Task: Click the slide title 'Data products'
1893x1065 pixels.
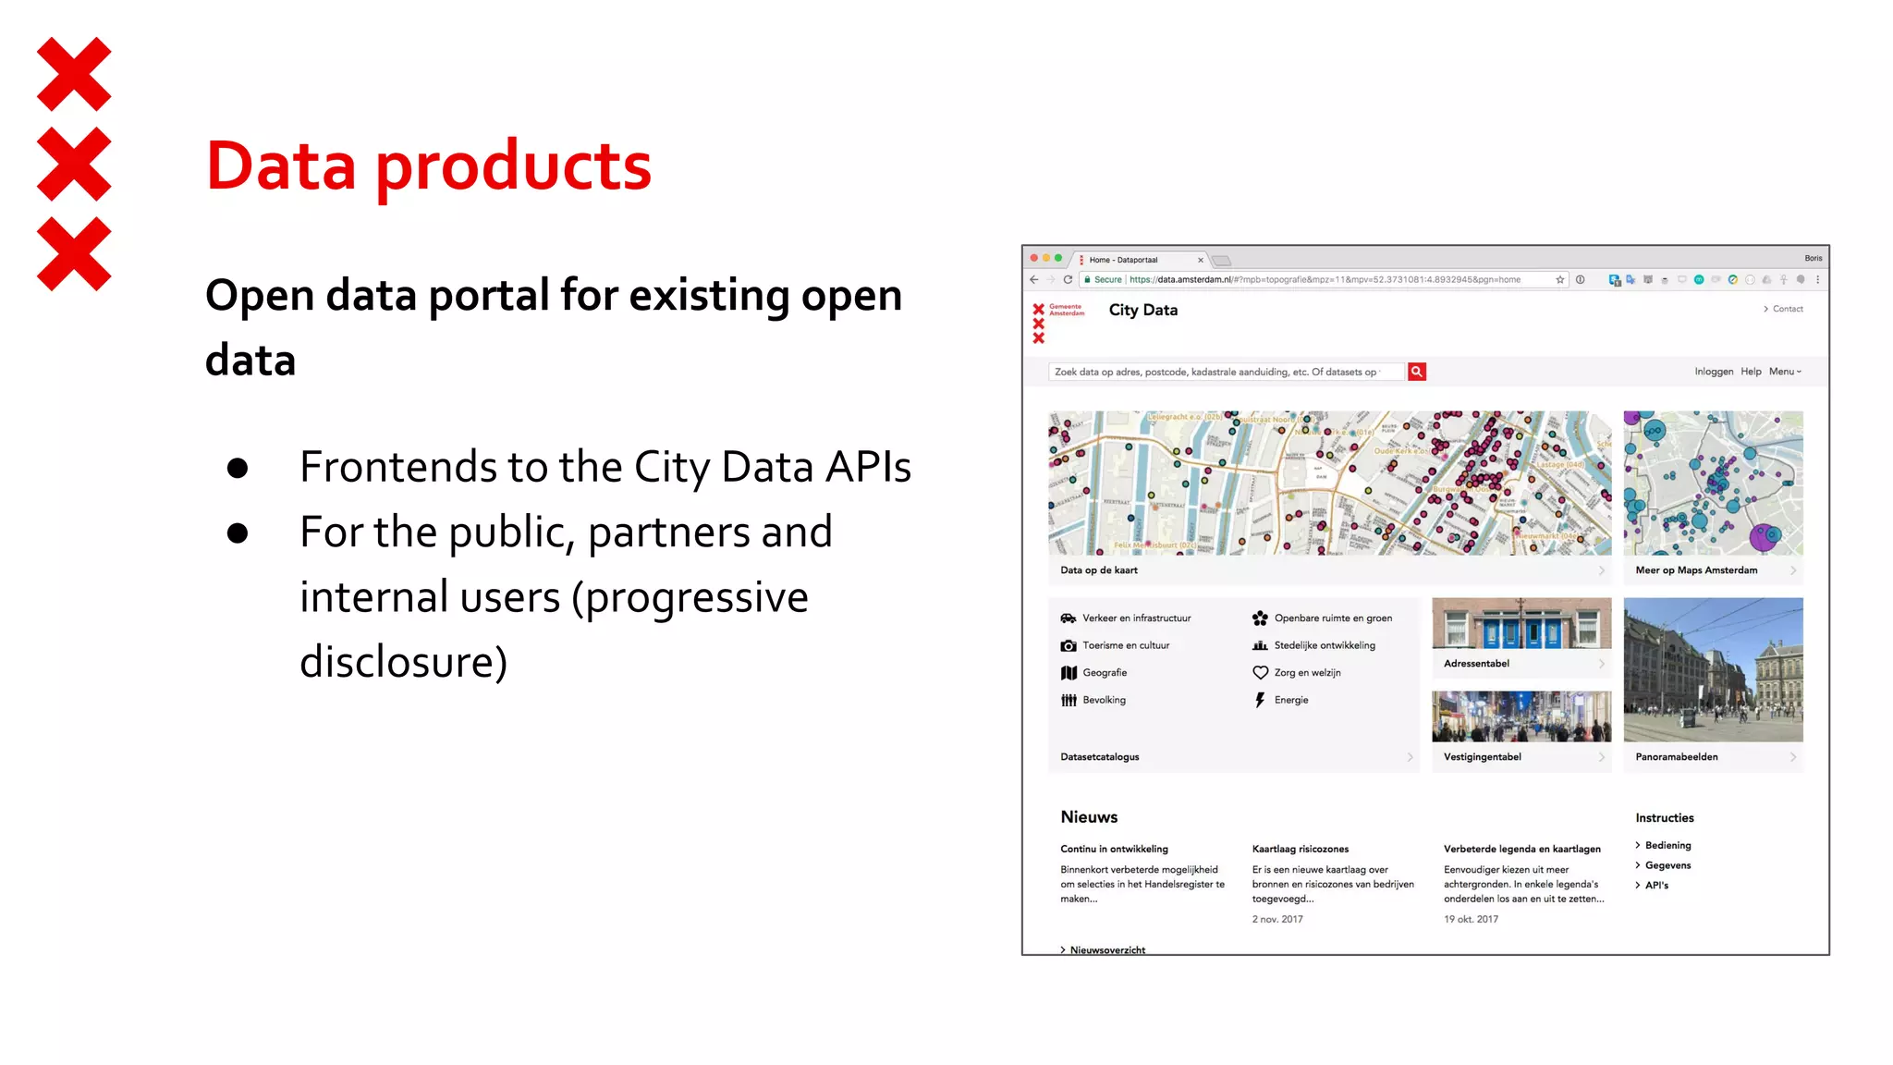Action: click(x=428, y=166)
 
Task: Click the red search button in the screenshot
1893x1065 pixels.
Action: click(x=1416, y=372)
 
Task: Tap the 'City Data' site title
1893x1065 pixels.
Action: click(x=1142, y=311)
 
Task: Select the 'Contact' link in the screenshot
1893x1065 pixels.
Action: click(x=1787, y=309)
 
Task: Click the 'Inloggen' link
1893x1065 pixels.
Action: click(x=1714, y=372)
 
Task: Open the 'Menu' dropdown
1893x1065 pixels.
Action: click(x=1784, y=372)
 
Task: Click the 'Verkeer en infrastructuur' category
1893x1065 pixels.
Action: click(x=1136, y=618)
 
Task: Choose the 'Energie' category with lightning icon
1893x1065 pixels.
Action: click(x=1290, y=701)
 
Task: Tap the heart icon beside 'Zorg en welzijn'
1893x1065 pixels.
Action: click(x=1260, y=673)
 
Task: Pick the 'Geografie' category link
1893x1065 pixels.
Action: click(x=1104, y=673)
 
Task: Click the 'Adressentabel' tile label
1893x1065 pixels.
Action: click(x=1476, y=664)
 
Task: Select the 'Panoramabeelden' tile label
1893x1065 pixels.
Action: click(x=1676, y=757)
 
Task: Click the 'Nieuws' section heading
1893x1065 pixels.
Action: click(x=1089, y=817)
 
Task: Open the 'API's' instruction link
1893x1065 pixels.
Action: click(x=1656, y=886)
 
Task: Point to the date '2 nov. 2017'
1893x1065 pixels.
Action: click(x=1276, y=920)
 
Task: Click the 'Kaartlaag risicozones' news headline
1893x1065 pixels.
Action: click(x=1300, y=850)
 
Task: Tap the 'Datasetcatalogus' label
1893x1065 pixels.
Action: click(x=1099, y=757)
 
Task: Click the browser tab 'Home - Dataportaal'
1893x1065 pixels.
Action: click(x=1123, y=261)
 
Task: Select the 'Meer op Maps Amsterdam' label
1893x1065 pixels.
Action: click(x=1696, y=570)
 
